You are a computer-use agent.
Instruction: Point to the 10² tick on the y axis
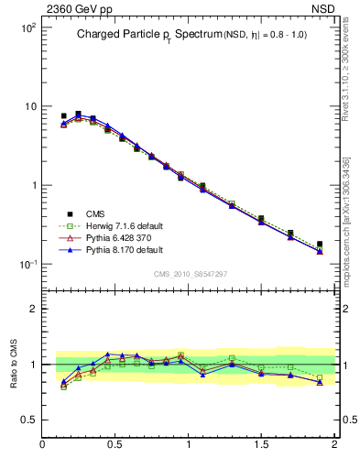pyautogui.click(x=27, y=28)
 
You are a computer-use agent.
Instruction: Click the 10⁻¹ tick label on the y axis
pyautogui.click(x=27, y=265)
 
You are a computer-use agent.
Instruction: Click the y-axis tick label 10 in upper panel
pyautogui.click(x=29, y=107)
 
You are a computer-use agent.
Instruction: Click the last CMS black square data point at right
pyautogui.click(x=320, y=245)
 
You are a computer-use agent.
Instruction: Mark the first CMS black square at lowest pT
pyautogui.click(x=63, y=116)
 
